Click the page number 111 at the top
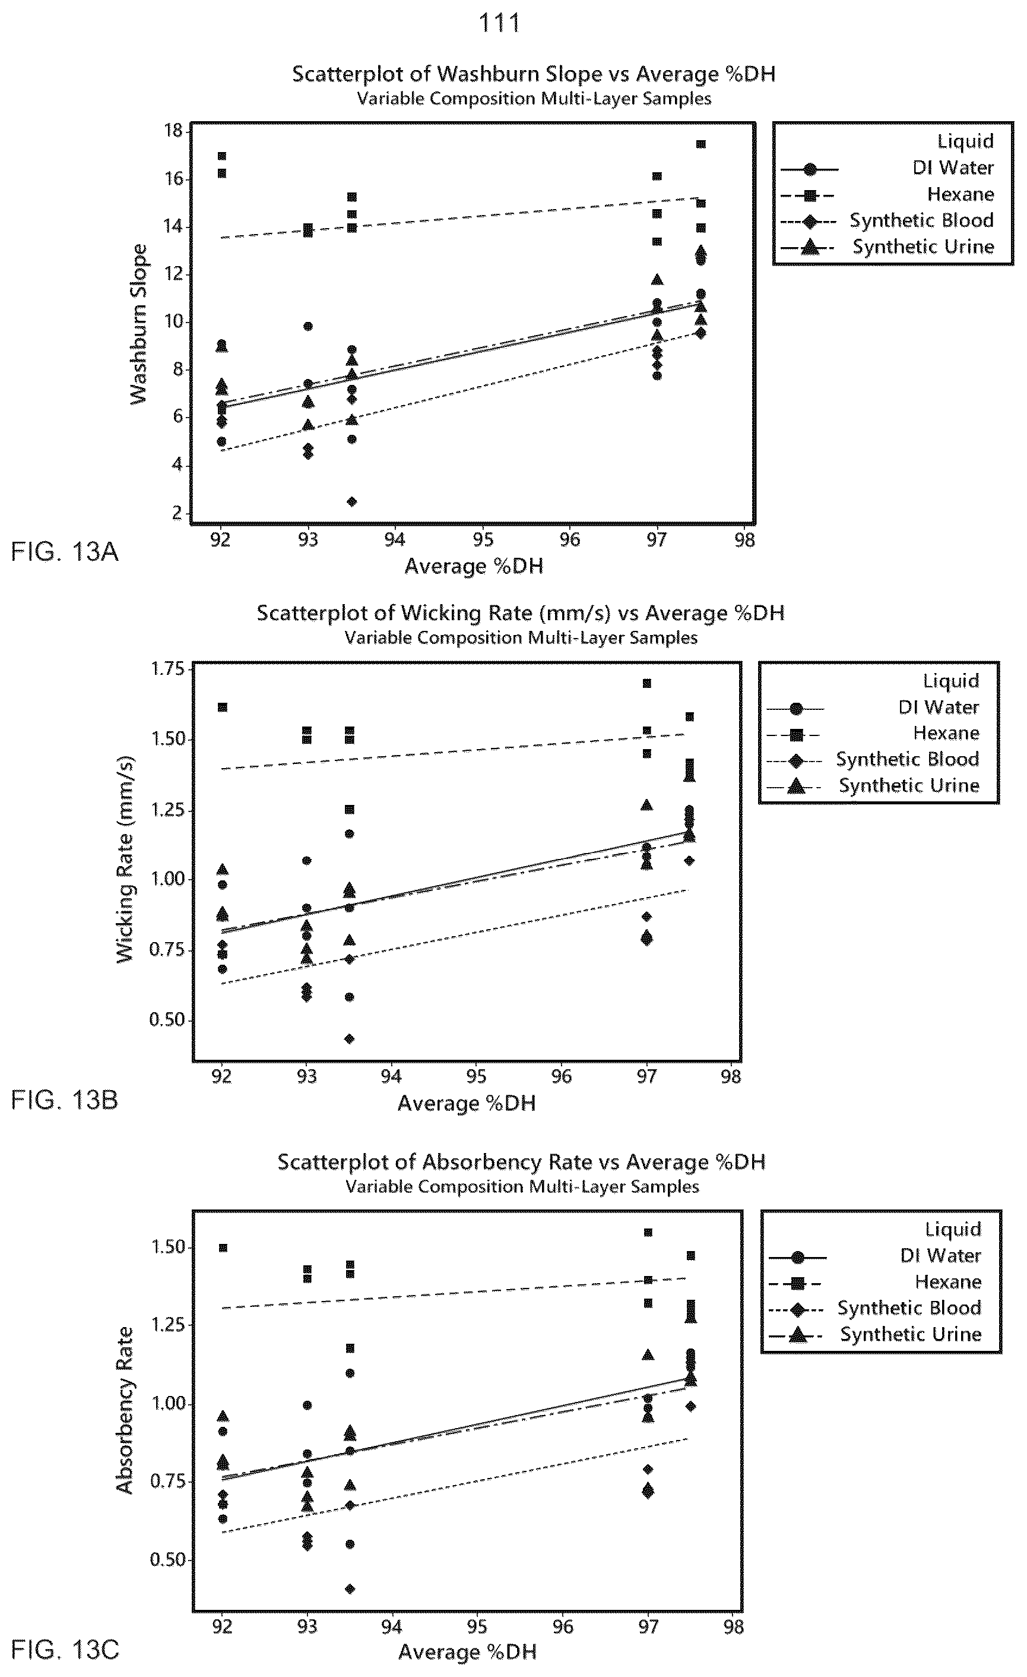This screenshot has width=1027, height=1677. coord(500,23)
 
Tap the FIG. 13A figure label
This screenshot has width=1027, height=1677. coord(65,551)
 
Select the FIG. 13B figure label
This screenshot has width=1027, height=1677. coord(65,1100)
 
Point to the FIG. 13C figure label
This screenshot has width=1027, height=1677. coord(65,1649)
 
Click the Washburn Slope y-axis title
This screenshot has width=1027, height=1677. coord(138,324)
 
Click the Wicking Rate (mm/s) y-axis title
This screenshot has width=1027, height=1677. coord(125,859)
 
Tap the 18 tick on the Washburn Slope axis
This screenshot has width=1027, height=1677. coord(174,130)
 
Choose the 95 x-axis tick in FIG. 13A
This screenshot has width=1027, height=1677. coord(483,540)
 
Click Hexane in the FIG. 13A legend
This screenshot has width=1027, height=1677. coord(961,195)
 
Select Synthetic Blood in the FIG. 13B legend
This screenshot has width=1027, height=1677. coord(907,760)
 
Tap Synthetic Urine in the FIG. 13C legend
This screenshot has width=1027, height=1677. coord(911,1335)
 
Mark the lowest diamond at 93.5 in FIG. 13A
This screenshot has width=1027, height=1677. coord(351,501)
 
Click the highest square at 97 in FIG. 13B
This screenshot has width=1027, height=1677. coord(647,683)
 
